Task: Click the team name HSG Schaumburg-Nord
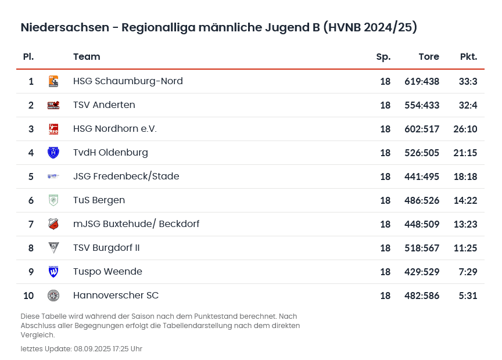pyautogui.click(x=128, y=81)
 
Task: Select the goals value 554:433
pyautogui.click(x=422, y=105)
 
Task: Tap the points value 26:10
pyautogui.click(x=465, y=129)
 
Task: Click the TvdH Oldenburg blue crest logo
pyautogui.click(x=53, y=153)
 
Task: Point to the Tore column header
pyautogui.click(x=429, y=57)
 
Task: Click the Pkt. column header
pyautogui.click(x=468, y=57)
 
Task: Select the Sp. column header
pyautogui.click(x=383, y=57)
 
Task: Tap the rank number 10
pyautogui.click(x=28, y=296)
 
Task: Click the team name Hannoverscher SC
pyautogui.click(x=116, y=296)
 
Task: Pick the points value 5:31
pyautogui.click(x=468, y=296)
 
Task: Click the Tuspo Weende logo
pyautogui.click(x=53, y=272)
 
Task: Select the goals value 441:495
pyautogui.click(x=422, y=177)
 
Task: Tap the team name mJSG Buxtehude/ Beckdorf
pyautogui.click(x=136, y=224)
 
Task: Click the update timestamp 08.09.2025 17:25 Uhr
pyautogui.click(x=107, y=349)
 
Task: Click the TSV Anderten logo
pyautogui.click(x=53, y=105)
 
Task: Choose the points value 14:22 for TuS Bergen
pyautogui.click(x=465, y=200)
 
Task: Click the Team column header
pyautogui.click(x=87, y=57)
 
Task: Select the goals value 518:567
pyautogui.click(x=422, y=248)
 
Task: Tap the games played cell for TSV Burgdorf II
pyautogui.click(x=385, y=248)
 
